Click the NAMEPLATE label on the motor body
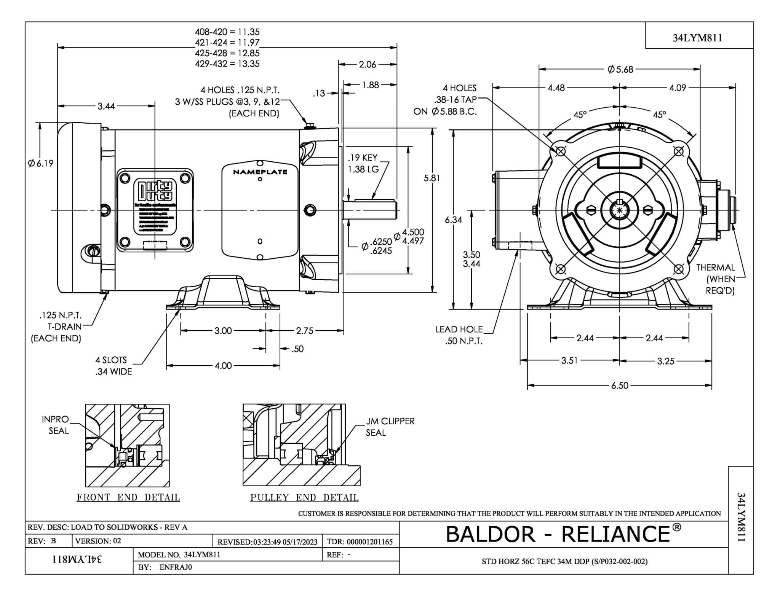[x=260, y=172]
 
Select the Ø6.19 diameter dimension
[x=40, y=163]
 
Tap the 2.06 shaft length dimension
[x=367, y=65]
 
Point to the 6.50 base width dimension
[x=620, y=385]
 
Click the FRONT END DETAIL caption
[x=128, y=497]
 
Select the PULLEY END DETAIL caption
[x=304, y=497]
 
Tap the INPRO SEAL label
[x=56, y=425]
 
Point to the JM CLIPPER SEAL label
[x=390, y=427]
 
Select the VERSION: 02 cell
[x=98, y=541]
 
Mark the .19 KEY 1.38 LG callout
[x=363, y=163]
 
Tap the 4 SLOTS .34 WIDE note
[x=113, y=366]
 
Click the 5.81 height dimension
[x=432, y=178]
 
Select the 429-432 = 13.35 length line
[x=227, y=64]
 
